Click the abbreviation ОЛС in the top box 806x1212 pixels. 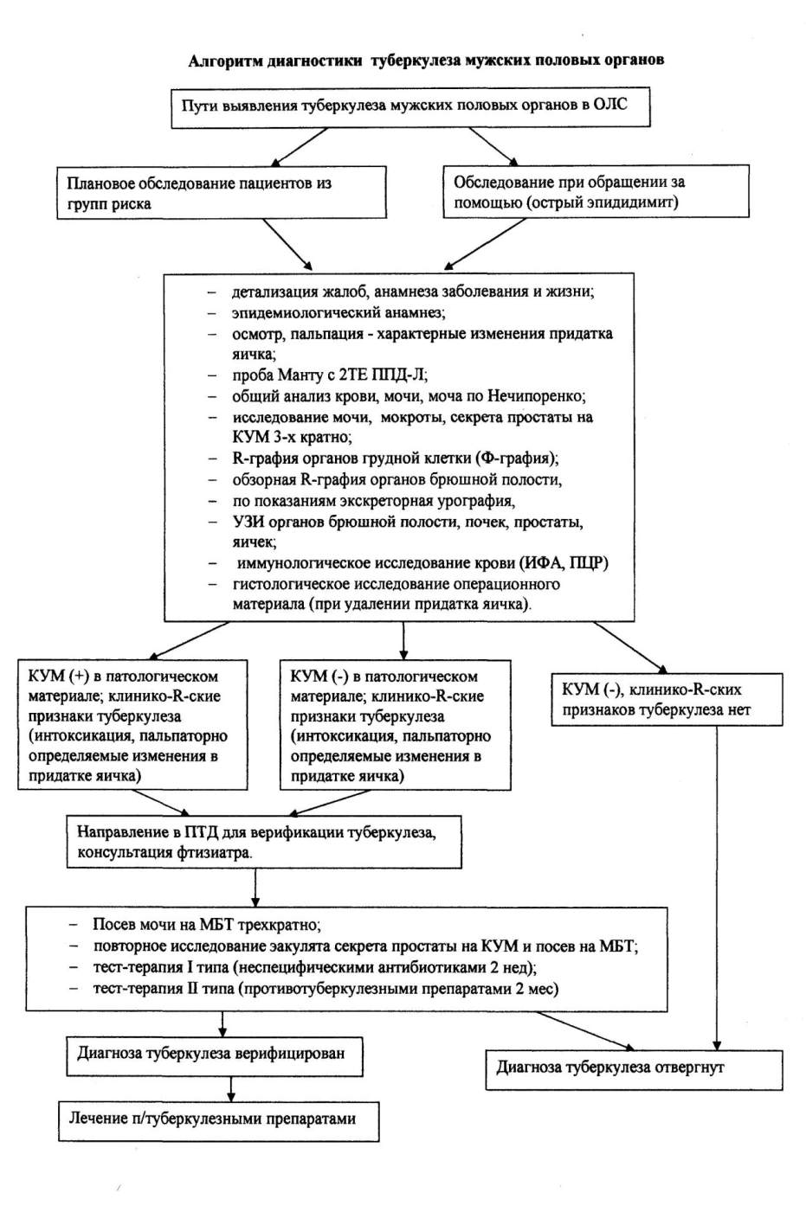click(610, 105)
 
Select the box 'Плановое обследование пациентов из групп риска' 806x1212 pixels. click(222, 193)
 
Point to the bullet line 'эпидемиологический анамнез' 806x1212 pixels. click(339, 313)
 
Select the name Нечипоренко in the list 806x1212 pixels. click(537, 396)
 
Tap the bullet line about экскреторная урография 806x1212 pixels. click(373, 501)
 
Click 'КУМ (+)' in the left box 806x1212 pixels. click(59, 677)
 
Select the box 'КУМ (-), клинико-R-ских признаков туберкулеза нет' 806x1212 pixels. click(667, 699)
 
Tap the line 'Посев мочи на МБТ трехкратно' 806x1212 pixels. click(207, 924)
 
